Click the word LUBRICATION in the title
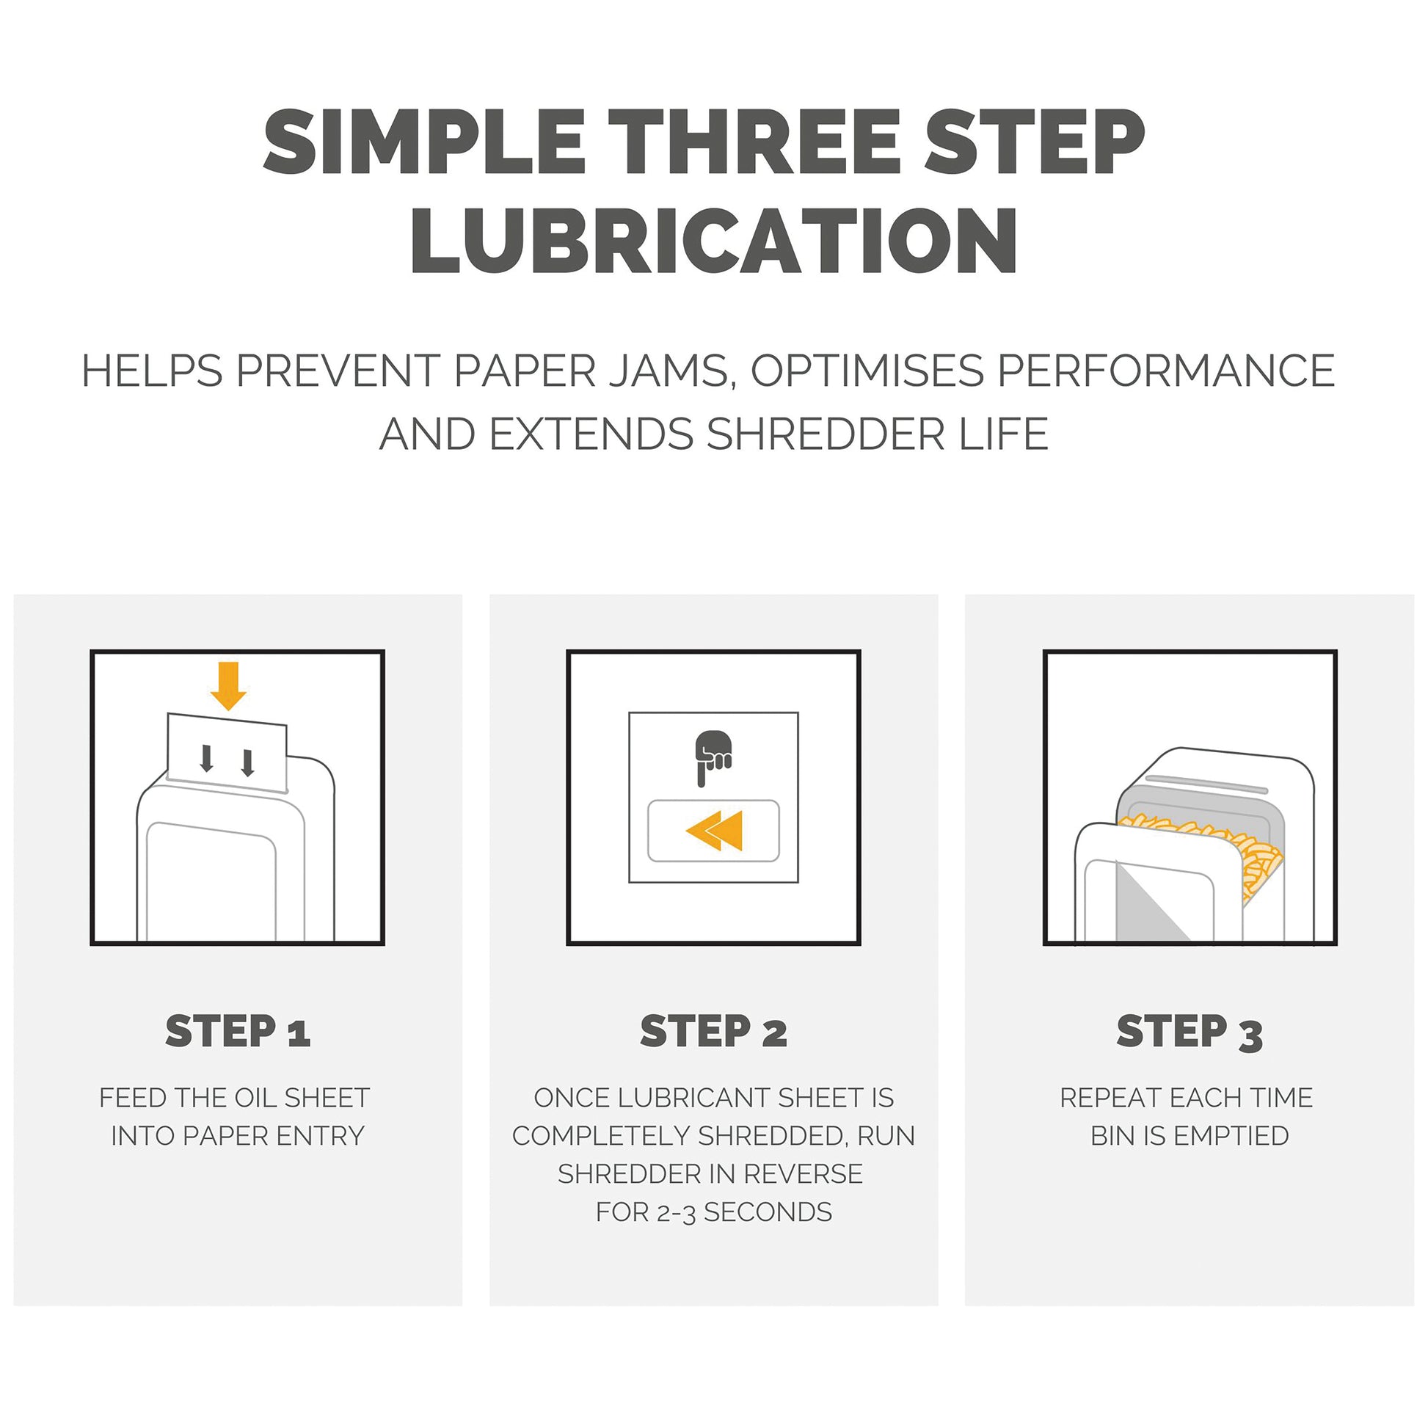click(x=714, y=240)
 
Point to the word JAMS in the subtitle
click(x=669, y=372)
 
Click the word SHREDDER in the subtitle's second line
click(x=826, y=434)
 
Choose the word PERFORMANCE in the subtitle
click(x=1166, y=371)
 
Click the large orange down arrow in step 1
click(x=228, y=687)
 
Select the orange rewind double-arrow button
click(x=714, y=831)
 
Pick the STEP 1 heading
click(x=238, y=1031)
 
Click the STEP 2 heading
click(x=714, y=1031)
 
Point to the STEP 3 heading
click(x=1190, y=1032)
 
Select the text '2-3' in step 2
click(x=677, y=1214)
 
